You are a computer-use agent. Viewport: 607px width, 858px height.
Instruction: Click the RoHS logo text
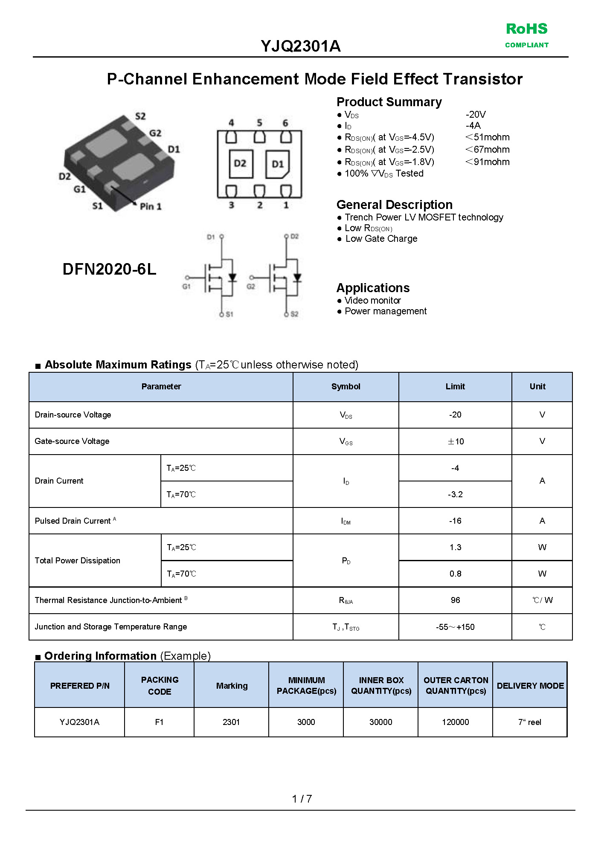[526, 29]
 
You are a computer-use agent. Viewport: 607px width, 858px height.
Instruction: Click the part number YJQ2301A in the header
[301, 46]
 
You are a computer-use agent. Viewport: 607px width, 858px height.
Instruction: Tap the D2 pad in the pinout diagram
[240, 164]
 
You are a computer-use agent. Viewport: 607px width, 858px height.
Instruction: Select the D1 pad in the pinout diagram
[278, 164]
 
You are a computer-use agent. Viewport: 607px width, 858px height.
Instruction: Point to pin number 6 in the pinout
[285, 123]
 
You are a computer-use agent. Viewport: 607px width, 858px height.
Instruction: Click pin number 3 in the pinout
[231, 205]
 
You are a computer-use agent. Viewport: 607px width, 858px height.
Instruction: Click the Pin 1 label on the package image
[151, 206]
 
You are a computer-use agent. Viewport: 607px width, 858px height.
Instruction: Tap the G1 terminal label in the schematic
[186, 287]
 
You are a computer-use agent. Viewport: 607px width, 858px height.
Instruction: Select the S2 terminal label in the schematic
[294, 314]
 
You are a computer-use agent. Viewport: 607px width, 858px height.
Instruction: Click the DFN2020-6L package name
[109, 269]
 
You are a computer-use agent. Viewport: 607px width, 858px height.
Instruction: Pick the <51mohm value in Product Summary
[487, 137]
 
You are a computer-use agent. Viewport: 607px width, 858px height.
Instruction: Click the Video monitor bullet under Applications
[372, 301]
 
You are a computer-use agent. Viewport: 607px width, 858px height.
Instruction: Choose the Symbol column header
[346, 387]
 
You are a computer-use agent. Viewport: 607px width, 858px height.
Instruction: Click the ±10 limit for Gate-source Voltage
[455, 441]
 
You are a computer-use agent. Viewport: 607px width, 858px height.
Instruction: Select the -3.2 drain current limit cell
[455, 494]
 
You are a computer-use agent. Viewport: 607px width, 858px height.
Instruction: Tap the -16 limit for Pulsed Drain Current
[455, 521]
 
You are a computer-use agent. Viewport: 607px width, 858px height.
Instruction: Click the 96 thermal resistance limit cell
[455, 600]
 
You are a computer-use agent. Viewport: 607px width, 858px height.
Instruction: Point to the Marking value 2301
[231, 722]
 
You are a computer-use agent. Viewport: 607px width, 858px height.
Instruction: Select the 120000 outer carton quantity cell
[455, 722]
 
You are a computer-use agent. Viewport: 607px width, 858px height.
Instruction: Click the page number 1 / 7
[302, 799]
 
